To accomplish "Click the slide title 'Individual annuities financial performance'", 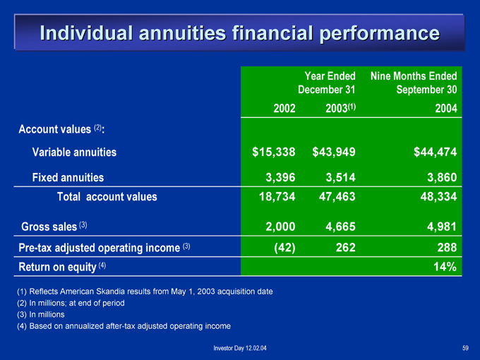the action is coord(240,33).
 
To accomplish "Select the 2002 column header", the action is coord(284,109).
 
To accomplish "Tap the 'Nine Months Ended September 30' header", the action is coord(414,83).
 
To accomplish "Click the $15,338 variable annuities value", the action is coord(274,152).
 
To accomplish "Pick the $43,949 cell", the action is coord(334,152).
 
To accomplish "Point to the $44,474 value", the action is coord(436,152).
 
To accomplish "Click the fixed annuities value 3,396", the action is coord(280,177).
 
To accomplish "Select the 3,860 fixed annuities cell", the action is coord(442,177).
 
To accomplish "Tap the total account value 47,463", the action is coord(337,196).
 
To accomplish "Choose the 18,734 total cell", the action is coord(277,196).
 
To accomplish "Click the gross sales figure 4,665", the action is coord(340,227).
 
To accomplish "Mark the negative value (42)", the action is coord(284,247).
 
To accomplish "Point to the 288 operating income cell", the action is coord(447,247).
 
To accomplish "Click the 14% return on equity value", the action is coord(445,267).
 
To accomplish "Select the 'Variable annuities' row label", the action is coord(74,152).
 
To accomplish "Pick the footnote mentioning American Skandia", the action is coord(145,292).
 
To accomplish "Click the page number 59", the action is coord(465,348).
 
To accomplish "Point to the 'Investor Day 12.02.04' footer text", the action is coord(240,348).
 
